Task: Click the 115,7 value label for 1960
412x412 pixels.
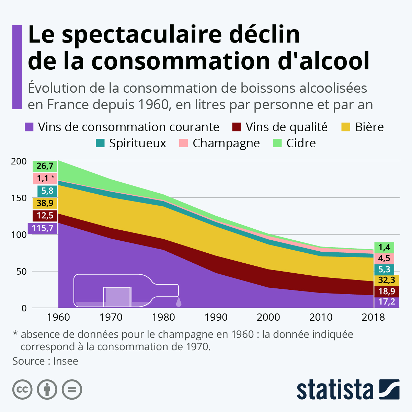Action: tap(43, 228)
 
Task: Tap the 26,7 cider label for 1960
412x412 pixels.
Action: tap(45, 166)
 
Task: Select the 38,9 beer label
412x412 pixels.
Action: tap(45, 203)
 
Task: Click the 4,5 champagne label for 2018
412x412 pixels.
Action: tap(384, 258)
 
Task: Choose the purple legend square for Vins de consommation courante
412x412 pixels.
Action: tap(29, 127)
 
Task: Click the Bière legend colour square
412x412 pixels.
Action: tap(346, 127)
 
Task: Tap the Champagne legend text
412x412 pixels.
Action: tap(226, 143)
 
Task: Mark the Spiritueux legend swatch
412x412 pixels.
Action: tap(100, 143)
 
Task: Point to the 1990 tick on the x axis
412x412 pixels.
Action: tap(216, 317)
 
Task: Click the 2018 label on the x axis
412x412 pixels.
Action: tap(373, 317)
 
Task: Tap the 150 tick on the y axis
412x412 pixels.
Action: tap(19, 198)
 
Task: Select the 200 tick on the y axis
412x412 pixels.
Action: tap(19, 161)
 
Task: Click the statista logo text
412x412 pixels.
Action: tap(335, 390)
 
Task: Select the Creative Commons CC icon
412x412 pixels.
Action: tap(22, 390)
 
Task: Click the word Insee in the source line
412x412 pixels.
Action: tap(66, 361)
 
